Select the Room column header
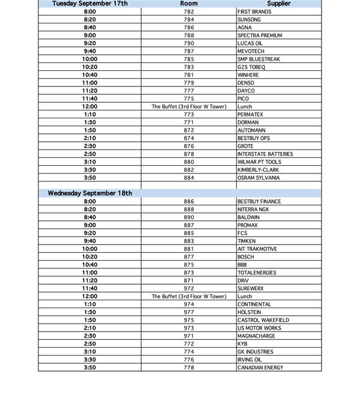(x=189, y=4)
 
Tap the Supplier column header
(x=278, y=4)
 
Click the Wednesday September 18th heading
(x=90, y=193)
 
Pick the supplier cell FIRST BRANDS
(x=255, y=11)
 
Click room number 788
(x=189, y=35)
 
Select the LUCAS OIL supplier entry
(x=250, y=43)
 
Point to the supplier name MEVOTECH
(x=251, y=51)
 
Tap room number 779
(x=189, y=83)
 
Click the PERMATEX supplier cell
(x=251, y=114)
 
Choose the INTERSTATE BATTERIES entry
(x=265, y=154)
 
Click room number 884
(x=189, y=178)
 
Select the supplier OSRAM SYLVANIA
(x=258, y=178)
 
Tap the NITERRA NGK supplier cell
(x=253, y=210)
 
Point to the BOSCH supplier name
(x=247, y=257)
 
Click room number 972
(x=189, y=288)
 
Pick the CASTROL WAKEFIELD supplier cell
(x=263, y=320)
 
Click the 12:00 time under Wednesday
(x=90, y=296)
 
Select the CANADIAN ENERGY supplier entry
(x=260, y=368)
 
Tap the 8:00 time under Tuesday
(x=90, y=11)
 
